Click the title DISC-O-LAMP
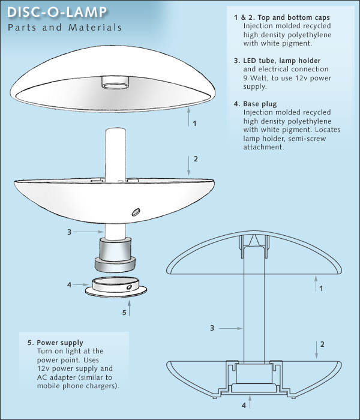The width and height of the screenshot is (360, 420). pyautogui.click(x=57, y=13)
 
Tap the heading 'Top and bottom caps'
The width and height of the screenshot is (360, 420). pyautogui.click(x=293, y=17)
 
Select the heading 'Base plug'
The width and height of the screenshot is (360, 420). pyautogui.click(x=260, y=104)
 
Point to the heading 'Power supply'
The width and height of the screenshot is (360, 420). pyautogui.click(x=60, y=343)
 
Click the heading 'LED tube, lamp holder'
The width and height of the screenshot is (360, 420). pyautogui.click(x=282, y=61)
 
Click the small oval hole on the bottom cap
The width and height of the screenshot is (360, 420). pyautogui.click(x=136, y=212)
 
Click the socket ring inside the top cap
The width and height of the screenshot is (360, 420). pyautogui.click(x=115, y=85)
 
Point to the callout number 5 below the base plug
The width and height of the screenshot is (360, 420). pyautogui.click(x=124, y=313)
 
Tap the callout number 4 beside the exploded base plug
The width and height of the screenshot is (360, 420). pyautogui.click(x=69, y=285)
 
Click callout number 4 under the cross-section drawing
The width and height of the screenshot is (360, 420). pyautogui.click(x=244, y=405)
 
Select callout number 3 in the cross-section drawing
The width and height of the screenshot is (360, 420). pyautogui.click(x=212, y=328)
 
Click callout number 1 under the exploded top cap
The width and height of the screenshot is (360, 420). pyautogui.click(x=194, y=123)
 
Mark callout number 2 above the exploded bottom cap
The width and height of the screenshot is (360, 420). pyautogui.click(x=196, y=159)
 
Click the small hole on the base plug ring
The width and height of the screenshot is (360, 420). pyautogui.click(x=130, y=287)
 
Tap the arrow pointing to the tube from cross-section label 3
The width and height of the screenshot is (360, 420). pyautogui.click(x=231, y=328)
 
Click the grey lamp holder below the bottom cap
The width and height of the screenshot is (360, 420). pyautogui.click(x=115, y=254)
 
